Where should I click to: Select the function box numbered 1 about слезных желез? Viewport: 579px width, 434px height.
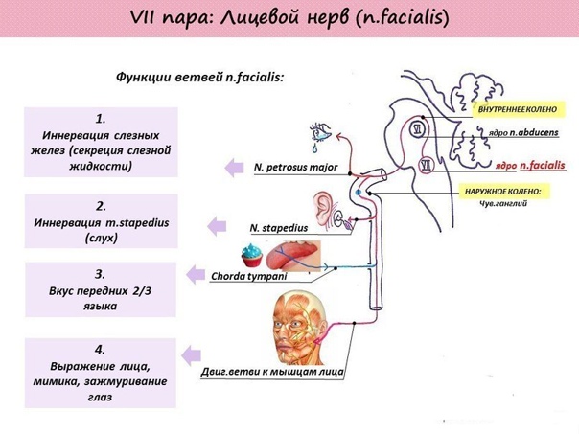[x=101, y=141]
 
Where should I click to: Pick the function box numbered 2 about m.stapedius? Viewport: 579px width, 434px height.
[x=101, y=221]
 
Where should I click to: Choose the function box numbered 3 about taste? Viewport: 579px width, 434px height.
[x=101, y=289]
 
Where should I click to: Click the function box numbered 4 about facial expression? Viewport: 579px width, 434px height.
[x=101, y=372]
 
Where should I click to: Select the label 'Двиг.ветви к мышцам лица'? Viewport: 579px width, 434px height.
[x=272, y=371]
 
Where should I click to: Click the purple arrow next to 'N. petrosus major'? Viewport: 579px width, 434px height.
[x=233, y=168]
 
